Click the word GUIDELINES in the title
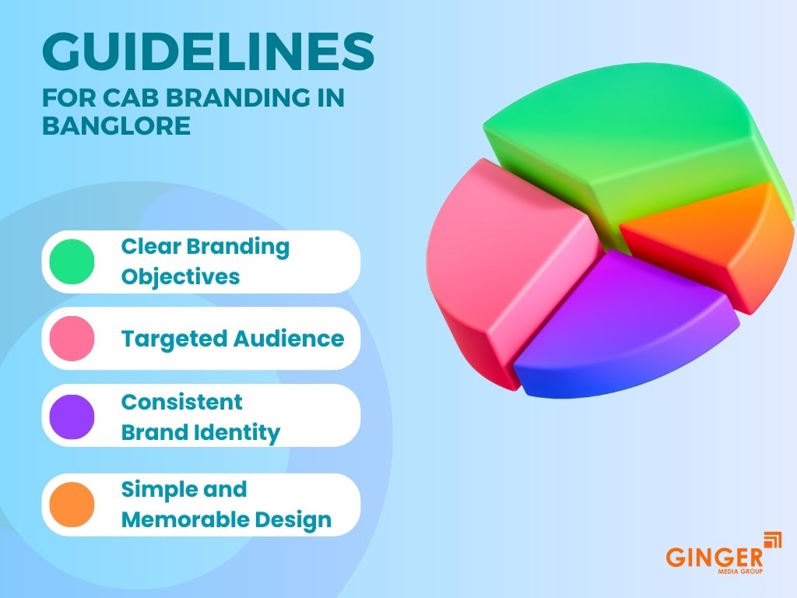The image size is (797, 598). point(208,52)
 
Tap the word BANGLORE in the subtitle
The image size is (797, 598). point(116,125)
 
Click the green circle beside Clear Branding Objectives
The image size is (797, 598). point(72,262)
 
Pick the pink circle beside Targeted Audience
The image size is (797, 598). point(72,338)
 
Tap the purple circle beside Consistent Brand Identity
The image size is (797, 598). point(72,417)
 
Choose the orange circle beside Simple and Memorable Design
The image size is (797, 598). point(72,504)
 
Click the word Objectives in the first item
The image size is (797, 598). point(180,276)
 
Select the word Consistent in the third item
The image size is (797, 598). point(181,402)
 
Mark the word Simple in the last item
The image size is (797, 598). point(153,489)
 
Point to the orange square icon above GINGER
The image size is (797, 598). point(773,540)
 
